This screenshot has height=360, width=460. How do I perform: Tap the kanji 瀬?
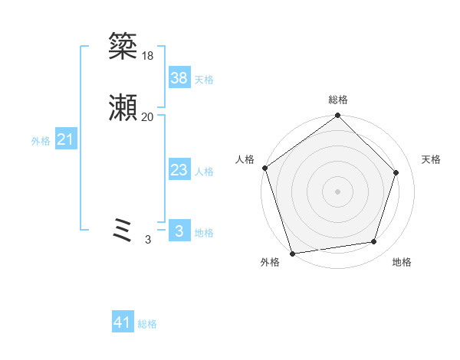pyautogui.click(x=123, y=108)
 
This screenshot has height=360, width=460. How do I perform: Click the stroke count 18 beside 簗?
pyautogui.click(x=147, y=55)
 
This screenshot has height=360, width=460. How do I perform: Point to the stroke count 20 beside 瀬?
pyautogui.click(x=147, y=116)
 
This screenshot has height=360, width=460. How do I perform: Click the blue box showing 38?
pyautogui.click(x=179, y=77)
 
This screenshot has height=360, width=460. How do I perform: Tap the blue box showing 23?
pyautogui.click(x=179, y=171)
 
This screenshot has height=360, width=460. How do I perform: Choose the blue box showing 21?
pyautogui.click(x=66, y=139)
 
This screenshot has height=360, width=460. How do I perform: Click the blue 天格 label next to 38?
pyautogui.click(x=204, y=80)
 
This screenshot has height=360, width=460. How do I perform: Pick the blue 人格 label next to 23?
pyautogui.click(x=204, y=172)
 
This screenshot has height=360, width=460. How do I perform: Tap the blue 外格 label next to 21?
pyautogui.click(x=41, y=141)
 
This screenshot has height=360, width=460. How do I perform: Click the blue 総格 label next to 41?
pyautogui.click(x=147, y=324)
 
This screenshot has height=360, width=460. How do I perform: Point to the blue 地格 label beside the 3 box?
pyautogui.click(x=204, y=233)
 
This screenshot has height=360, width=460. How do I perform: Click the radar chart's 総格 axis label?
pyautogui.click(x=338, y=100)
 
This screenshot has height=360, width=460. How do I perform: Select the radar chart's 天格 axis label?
pyautogui.click(x=432, y=159)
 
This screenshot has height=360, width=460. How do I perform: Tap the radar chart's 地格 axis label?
pyautogui.click(x=402, y=262)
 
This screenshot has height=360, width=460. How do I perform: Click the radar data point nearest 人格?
pyautogui.click(x=264, y=168)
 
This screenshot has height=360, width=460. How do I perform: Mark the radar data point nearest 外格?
pyautogui.click(x=292, y=253)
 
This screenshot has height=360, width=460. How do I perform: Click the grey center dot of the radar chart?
pyautogui.click(x=338, y=191)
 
